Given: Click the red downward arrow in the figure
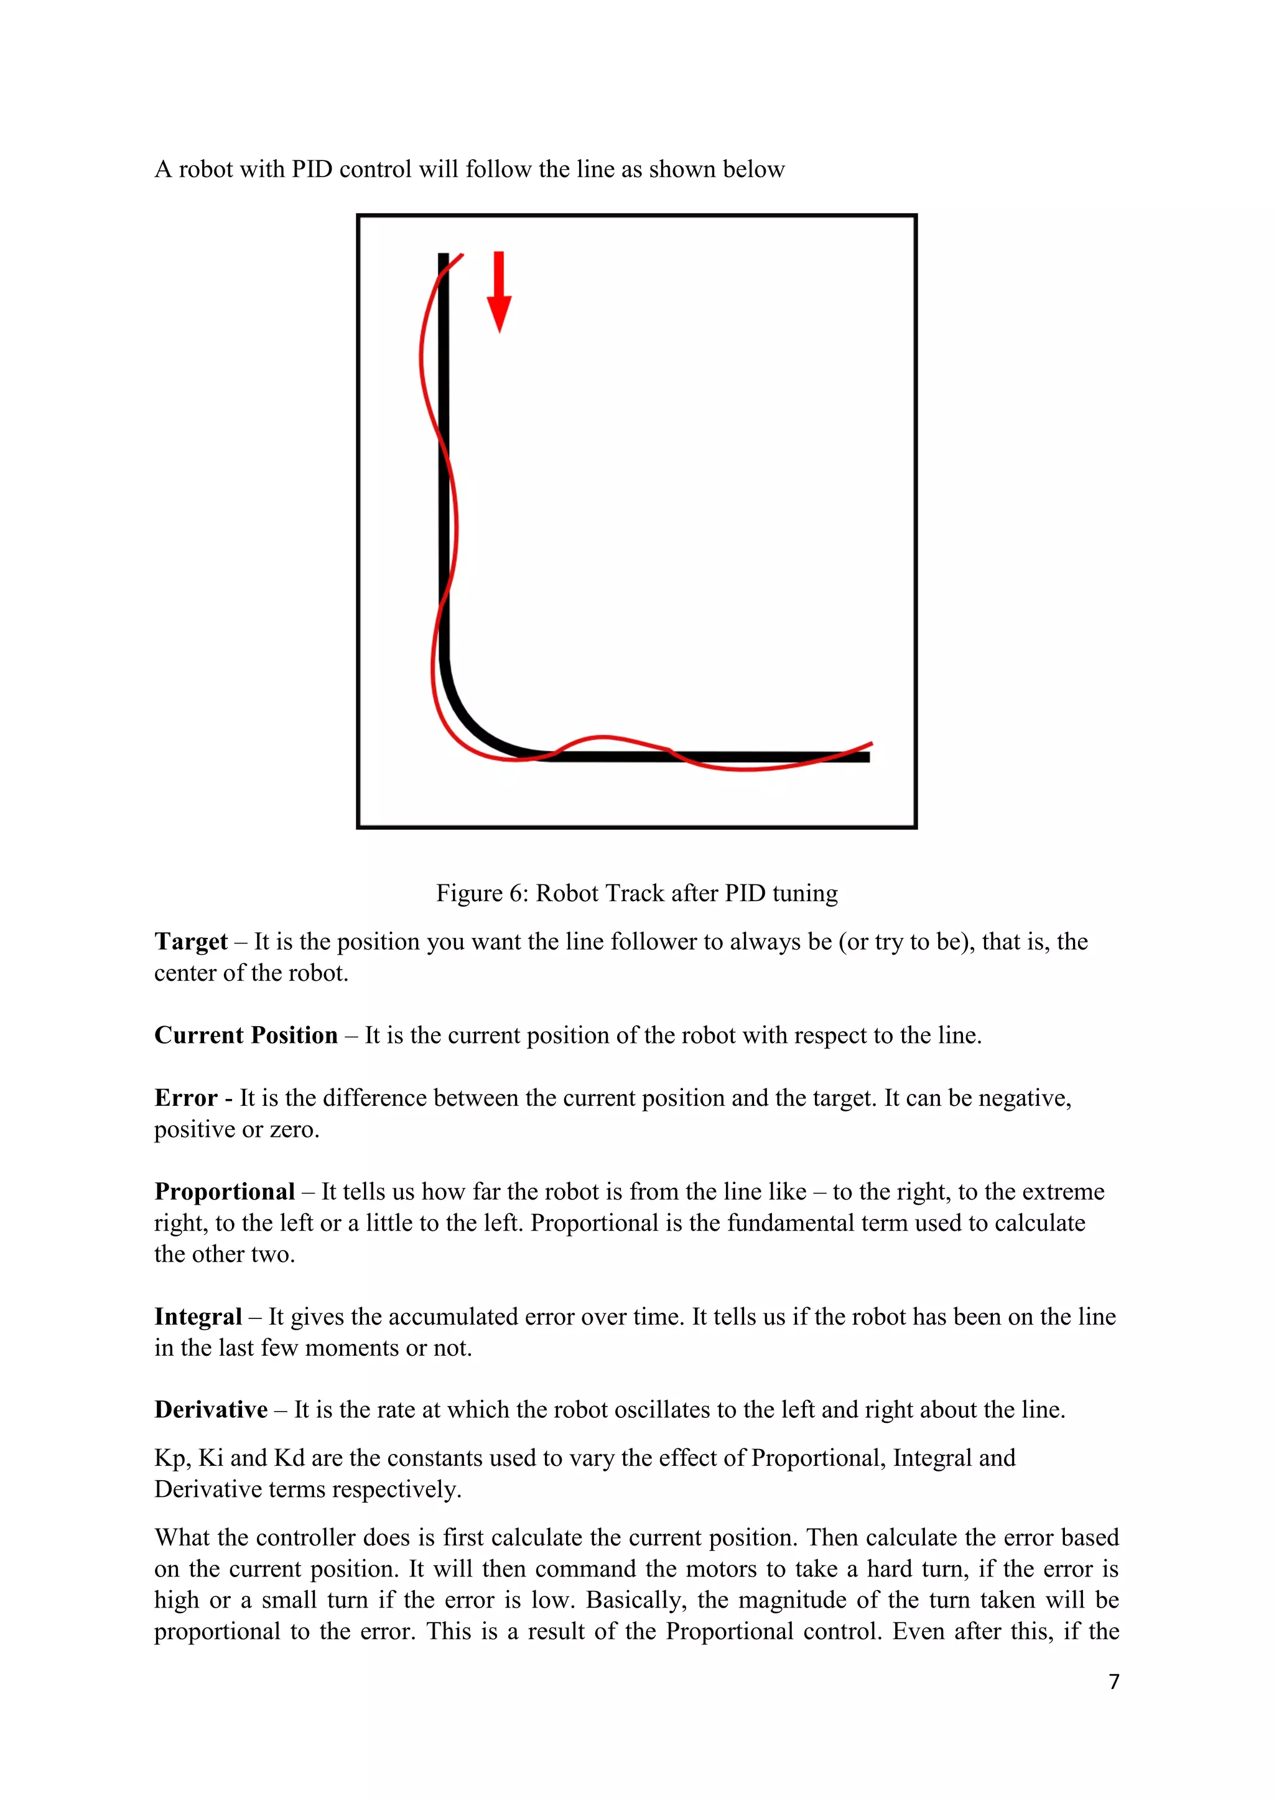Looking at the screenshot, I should pyautogui.click(x=499, y=292).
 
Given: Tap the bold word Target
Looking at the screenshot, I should pyautogui.click(x=190, y=942).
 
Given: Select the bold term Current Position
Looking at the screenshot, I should pyautogui.click(x=246, y=1035).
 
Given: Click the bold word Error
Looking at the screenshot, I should pyautogui.click(x=185, y=1098).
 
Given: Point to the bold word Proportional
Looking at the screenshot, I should pyautogui.click(x=225, y=1192).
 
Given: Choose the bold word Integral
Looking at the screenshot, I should pyautogui.click(x=198, y=1317).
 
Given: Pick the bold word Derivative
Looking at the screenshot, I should pyautogui.click(x=211, y=1410).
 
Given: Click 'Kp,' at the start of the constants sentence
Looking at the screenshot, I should pyautogui.click(x=172, y=1458).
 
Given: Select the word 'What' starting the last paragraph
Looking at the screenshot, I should pyautogui.click(x=182, y=1537).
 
